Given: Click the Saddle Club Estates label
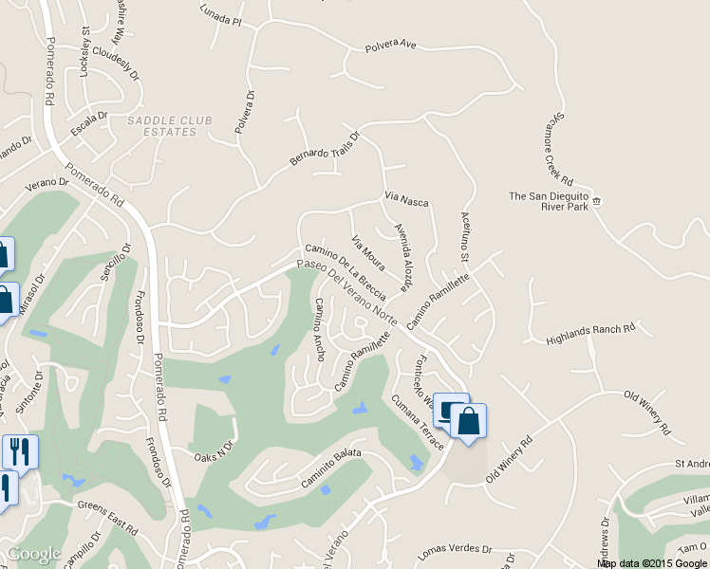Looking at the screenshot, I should coord(169,126).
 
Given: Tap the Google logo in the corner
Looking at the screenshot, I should coord(33,553).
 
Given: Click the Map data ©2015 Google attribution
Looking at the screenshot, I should coord(653,562).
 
